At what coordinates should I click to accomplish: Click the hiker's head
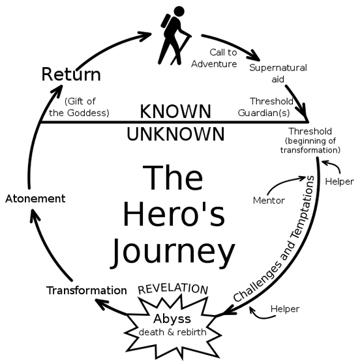pyautogui.click(x=179, y=11)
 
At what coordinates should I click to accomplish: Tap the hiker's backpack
pyautogui.click(x=166, y=21)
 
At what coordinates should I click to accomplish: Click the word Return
pyautogui.click(x=71, y=74)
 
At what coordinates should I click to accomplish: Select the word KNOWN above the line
pyautogui.click(x=175, y=112)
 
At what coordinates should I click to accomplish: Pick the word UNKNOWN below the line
pyautogui.click(x=175, y=134)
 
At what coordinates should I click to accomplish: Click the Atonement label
pyautogui.click(x=35, y=199)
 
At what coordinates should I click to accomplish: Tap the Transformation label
pyautogui.click(x=87, y=290)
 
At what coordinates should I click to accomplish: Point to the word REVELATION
pyautogui.click(x=173, y=289)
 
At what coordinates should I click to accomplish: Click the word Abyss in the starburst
pyautogui.click(x=172, y=319)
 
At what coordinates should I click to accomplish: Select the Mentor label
pyautogui.click(x=269, y=200)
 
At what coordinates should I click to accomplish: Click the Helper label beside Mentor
pyautogui.click(x=339, y=181)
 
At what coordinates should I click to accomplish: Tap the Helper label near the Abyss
pyautogui.click(x=285, y=309)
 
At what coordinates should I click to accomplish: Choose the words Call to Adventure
pyautogui.click(x=214, y=58)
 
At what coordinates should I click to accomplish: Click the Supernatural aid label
pyautogui.click(x=278, y=73)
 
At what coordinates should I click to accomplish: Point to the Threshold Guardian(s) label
pyautogui.click(x=265, y=107)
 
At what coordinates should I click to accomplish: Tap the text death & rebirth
pyautogui.click(x=172, y=332)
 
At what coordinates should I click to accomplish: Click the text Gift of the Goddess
pyautogui.click(x=79, y=107)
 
